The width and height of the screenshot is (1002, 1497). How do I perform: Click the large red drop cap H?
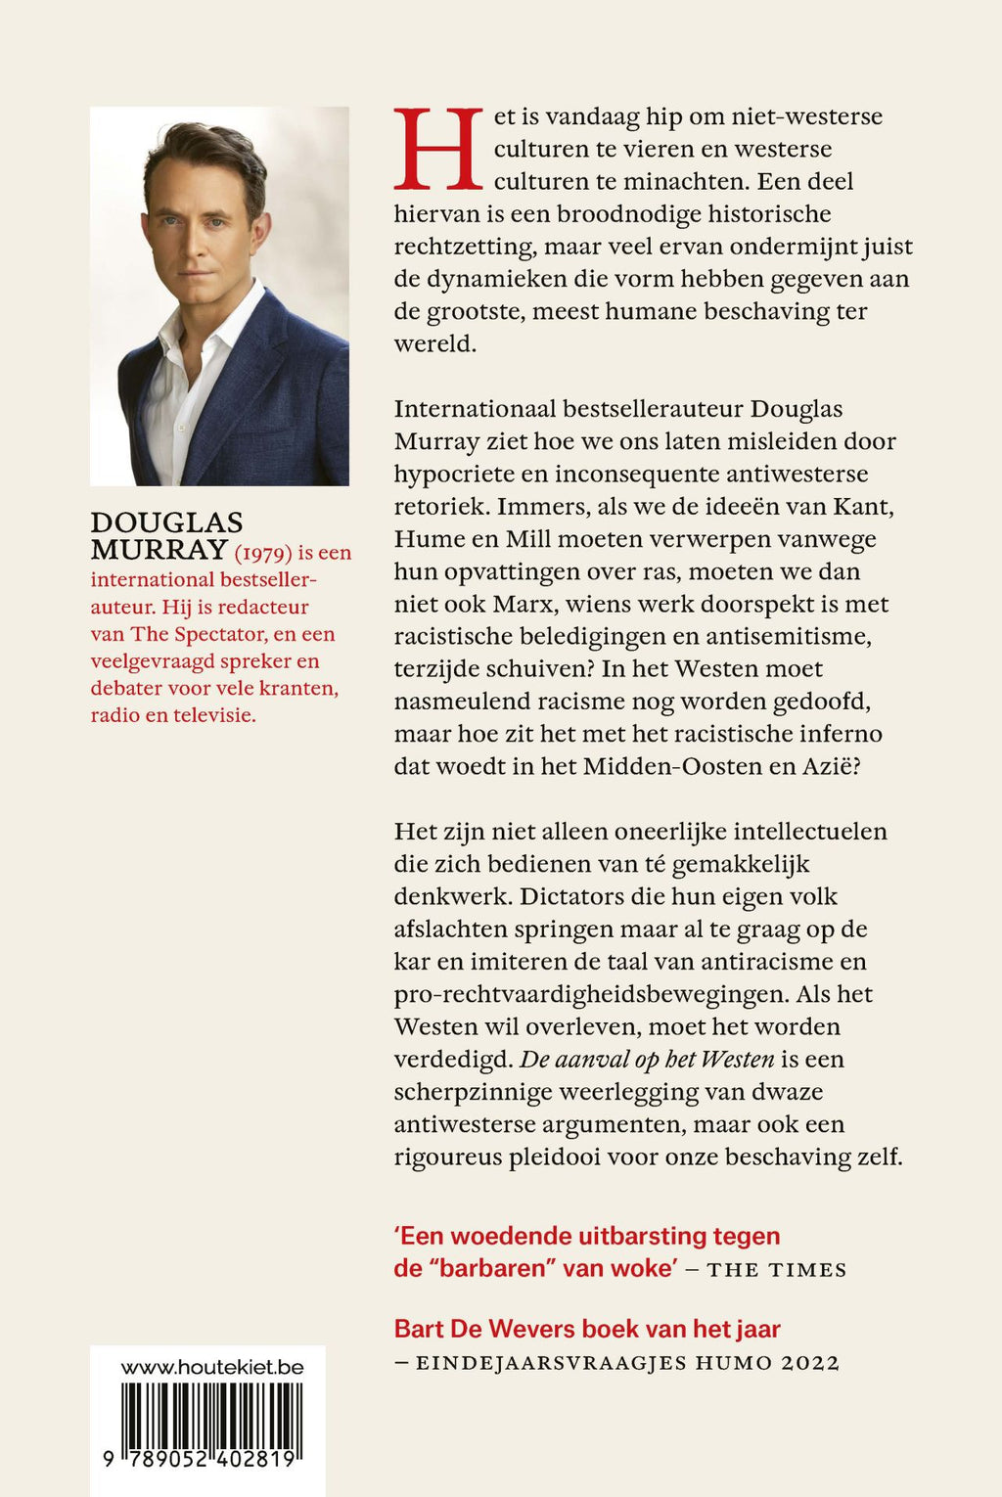[x=438, y=149]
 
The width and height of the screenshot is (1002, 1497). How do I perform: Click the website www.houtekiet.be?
[x=211, y=1367]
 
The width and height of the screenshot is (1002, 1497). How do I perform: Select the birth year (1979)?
[x=263, y=553]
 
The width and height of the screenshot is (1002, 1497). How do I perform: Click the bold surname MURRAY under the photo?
[x=159, y=550]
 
